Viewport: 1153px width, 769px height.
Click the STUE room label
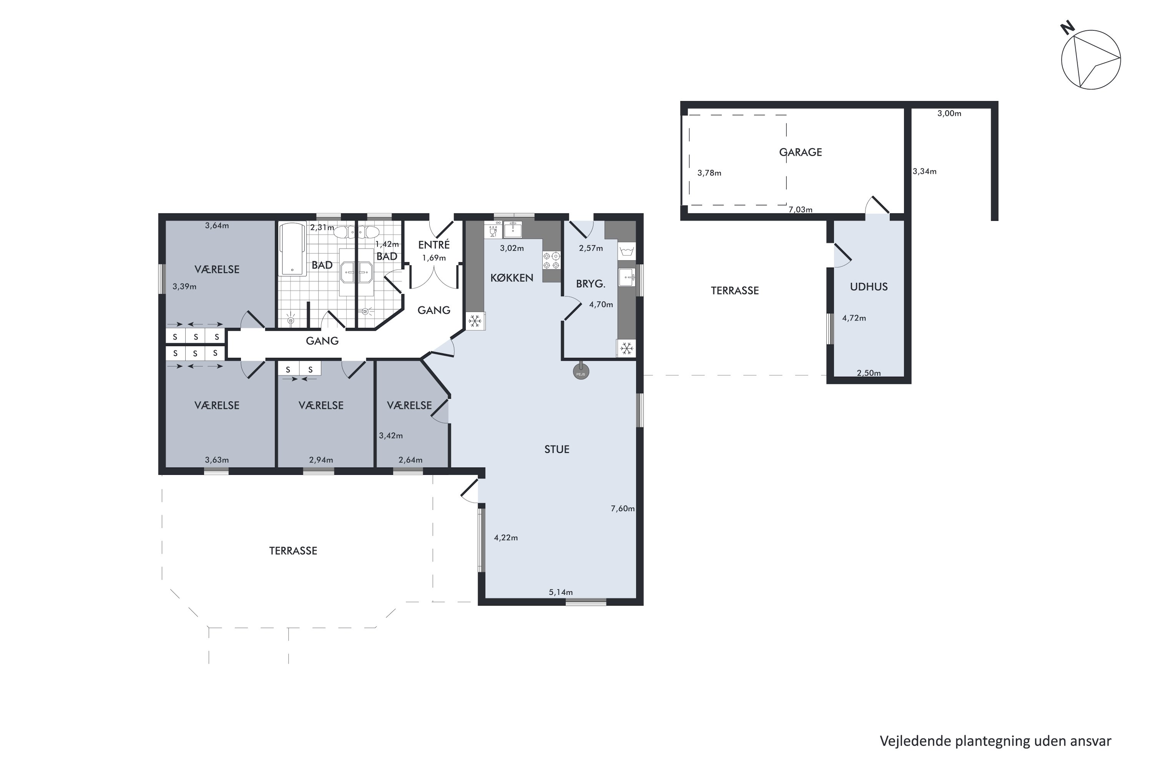coord(557,449)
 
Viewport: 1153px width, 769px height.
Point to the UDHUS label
coord(868,287)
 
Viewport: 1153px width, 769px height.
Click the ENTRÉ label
coord(434,244)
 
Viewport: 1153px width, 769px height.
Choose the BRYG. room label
coord(590,283)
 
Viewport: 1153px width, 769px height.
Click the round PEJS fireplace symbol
coord(581,373)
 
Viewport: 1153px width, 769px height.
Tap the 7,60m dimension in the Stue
coord(623,509)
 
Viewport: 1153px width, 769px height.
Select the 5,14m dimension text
coord(561,592)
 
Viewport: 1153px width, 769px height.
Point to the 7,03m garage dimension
coord(800,210)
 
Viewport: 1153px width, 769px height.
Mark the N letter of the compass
coord(1067,28)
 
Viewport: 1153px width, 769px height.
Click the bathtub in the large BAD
coord(292,250)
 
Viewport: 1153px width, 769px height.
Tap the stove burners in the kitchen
coord(552,260)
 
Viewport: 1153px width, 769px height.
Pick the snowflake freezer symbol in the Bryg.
coord(626,349)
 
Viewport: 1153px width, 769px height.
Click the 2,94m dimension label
coord(321,460)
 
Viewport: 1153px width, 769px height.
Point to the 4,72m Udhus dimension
coord(854,318)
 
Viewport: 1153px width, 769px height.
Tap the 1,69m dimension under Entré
coord(434,258)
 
